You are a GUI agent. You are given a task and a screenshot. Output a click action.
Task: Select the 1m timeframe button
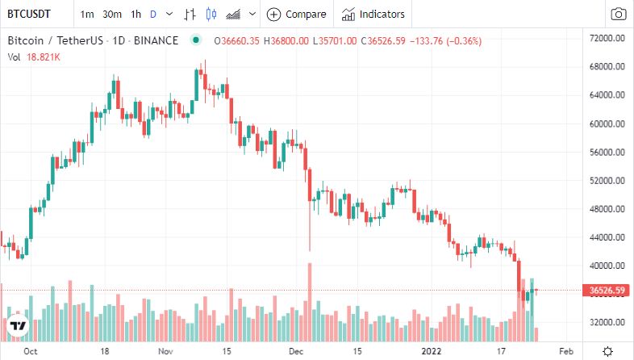87,14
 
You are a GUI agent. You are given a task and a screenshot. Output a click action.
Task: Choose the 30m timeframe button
112,14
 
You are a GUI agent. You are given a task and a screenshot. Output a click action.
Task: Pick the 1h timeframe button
136,14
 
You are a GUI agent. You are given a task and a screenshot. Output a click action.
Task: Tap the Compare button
297,14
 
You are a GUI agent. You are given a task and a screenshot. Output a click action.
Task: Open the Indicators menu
373,14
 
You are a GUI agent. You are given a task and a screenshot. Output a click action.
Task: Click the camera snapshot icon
619,14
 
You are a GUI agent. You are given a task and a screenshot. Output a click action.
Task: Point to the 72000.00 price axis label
609,39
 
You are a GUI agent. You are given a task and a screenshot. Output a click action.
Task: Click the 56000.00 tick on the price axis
609,153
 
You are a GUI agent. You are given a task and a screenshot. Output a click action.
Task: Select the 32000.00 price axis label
609,322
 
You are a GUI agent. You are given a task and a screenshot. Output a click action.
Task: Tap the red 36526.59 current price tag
609,290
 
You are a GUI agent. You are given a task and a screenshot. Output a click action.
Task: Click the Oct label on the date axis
31,352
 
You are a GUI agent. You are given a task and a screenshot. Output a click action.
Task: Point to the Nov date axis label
165,352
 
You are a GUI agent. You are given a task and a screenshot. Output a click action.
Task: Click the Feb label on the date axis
566,352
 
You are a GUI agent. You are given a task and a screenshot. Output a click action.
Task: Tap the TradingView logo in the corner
18,326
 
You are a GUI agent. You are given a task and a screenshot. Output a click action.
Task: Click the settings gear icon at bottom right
607,351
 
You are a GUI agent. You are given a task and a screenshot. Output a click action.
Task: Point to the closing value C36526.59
390,40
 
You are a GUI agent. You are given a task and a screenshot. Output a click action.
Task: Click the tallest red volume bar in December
309,303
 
